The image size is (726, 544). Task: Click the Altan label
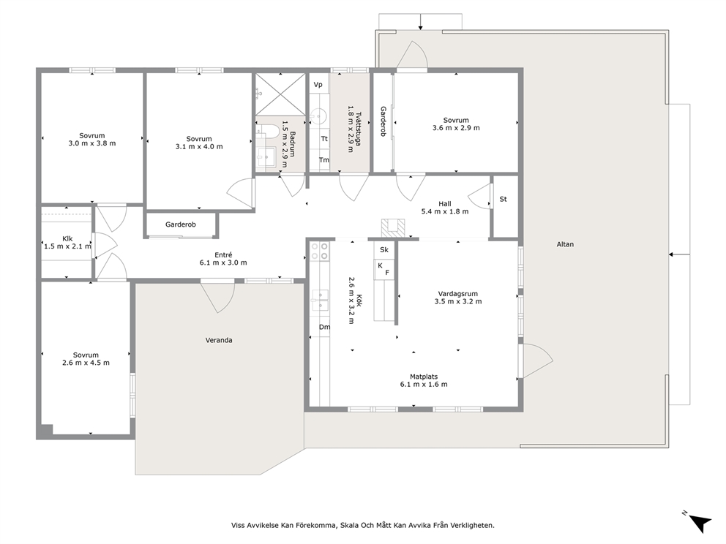click(x=565, y=244)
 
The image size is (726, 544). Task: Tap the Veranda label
click(x=219, y=340)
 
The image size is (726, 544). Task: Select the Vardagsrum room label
click(x=458, y=298)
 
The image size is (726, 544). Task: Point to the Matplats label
click(x=424, y=380)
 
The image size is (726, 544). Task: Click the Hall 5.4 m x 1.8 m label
click(x=445, y=208)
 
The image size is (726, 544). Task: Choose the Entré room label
click(x=223, y=259)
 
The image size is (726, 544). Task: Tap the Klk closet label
click(x=67, y=243)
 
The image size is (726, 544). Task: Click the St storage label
click(x=504, y=199)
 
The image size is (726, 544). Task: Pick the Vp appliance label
click(x=318, y=84)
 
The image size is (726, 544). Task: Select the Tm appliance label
click(x=324, y=159)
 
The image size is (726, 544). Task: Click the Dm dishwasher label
click(x=324, y=327)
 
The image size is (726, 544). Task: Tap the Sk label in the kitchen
click(x=384, y=249)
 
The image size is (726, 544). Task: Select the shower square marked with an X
click(x=280, y=94)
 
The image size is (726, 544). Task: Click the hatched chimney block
click(x=393, y=229)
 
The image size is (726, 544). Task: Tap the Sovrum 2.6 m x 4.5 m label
click(x=86, y=359)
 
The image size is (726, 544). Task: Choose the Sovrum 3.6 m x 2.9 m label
click(x=456, y=124)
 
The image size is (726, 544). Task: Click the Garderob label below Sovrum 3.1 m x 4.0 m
click(x=181, y=224)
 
